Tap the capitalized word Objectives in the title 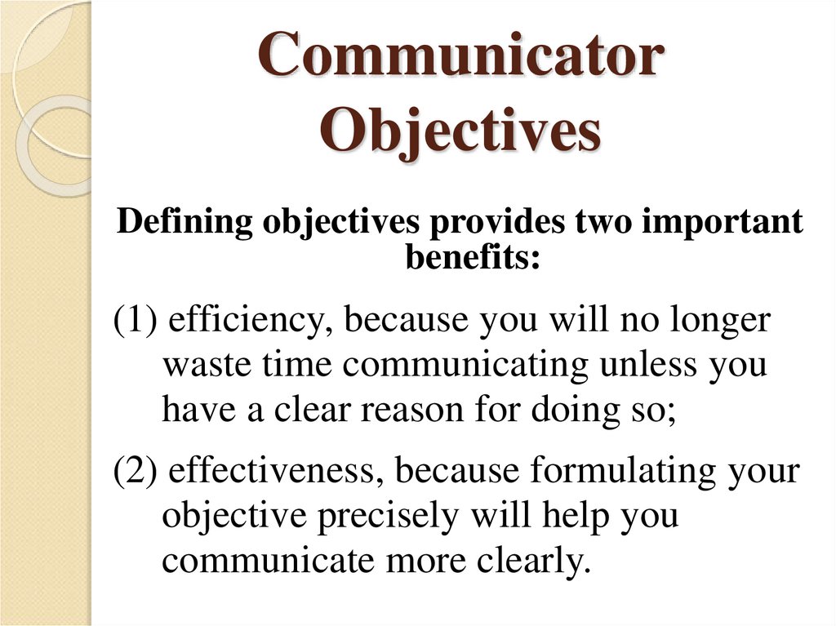pos(460,131)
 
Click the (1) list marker pos(136,321)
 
